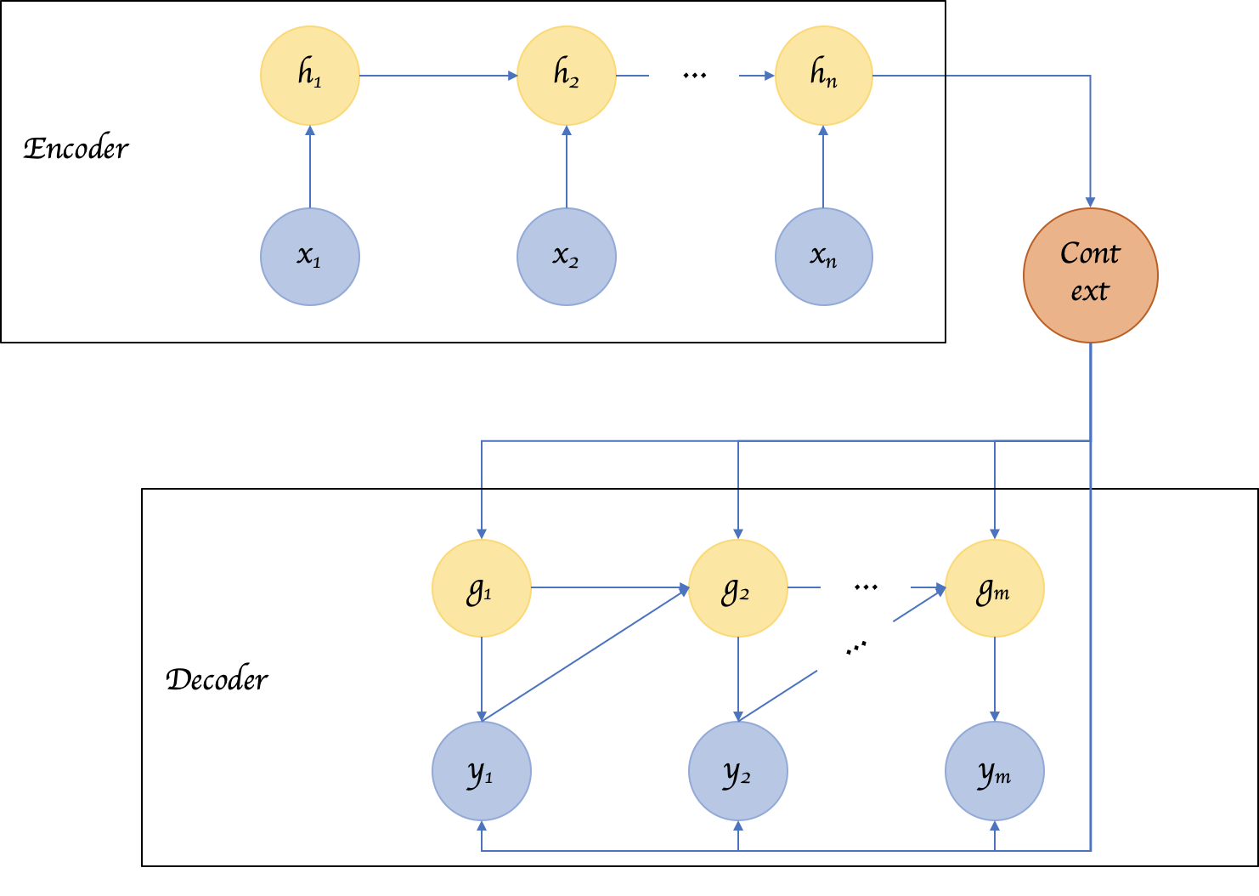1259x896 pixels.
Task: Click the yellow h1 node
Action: click(310, 76)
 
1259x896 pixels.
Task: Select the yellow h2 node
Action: click(567, 76)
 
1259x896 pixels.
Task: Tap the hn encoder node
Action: click(823, 76)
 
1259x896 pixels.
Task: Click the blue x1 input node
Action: click(310, 256)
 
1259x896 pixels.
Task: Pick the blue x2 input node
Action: click(567, 256)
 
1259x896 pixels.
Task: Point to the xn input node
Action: click(823, 256)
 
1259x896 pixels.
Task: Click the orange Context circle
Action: click(1090, 275)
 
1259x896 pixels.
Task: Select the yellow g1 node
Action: click(482, 588)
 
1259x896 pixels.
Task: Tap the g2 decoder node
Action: click(737, 588)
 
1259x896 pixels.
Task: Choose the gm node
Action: click(994, 588)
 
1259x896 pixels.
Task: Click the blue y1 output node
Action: click(482, 771)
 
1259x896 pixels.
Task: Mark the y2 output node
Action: click(737, 771)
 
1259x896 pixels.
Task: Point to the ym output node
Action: click(994, 771)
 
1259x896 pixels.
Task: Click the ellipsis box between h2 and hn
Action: click(694, 71)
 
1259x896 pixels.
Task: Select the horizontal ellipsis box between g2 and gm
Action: click(865, 582)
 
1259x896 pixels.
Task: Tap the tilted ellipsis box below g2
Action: click(854, 648)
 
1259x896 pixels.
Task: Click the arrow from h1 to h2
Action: click(438, 76)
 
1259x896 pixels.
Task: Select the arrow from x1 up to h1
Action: click(310, 167)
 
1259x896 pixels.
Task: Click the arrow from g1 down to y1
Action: click(482, 679)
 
